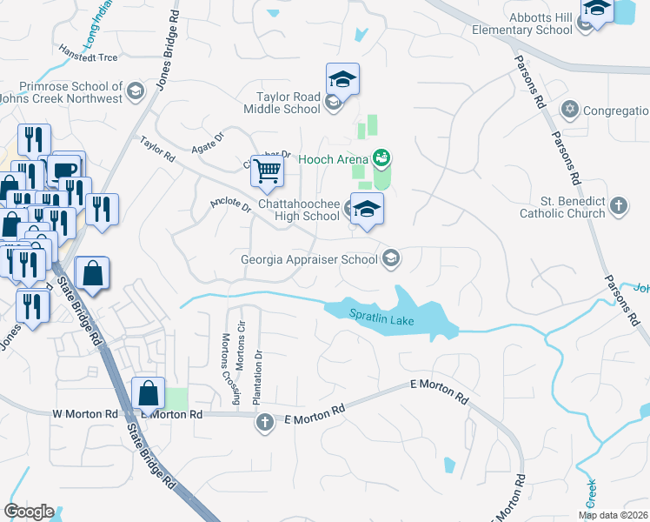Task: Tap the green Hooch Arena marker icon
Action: [x=380, y=157]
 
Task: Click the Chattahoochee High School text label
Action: [x=298, y=210]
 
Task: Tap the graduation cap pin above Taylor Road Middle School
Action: [x=342, y=80]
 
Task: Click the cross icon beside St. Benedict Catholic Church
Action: [x=617, y=206]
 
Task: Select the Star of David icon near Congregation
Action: [x=570, y=110]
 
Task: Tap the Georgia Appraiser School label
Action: [x=309, y=258]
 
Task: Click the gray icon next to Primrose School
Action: [x=135, y=90]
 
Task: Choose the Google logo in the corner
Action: [x=29, y=512]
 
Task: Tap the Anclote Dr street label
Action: [x=230, y=206]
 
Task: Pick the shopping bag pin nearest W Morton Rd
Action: [x=149, y=393]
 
